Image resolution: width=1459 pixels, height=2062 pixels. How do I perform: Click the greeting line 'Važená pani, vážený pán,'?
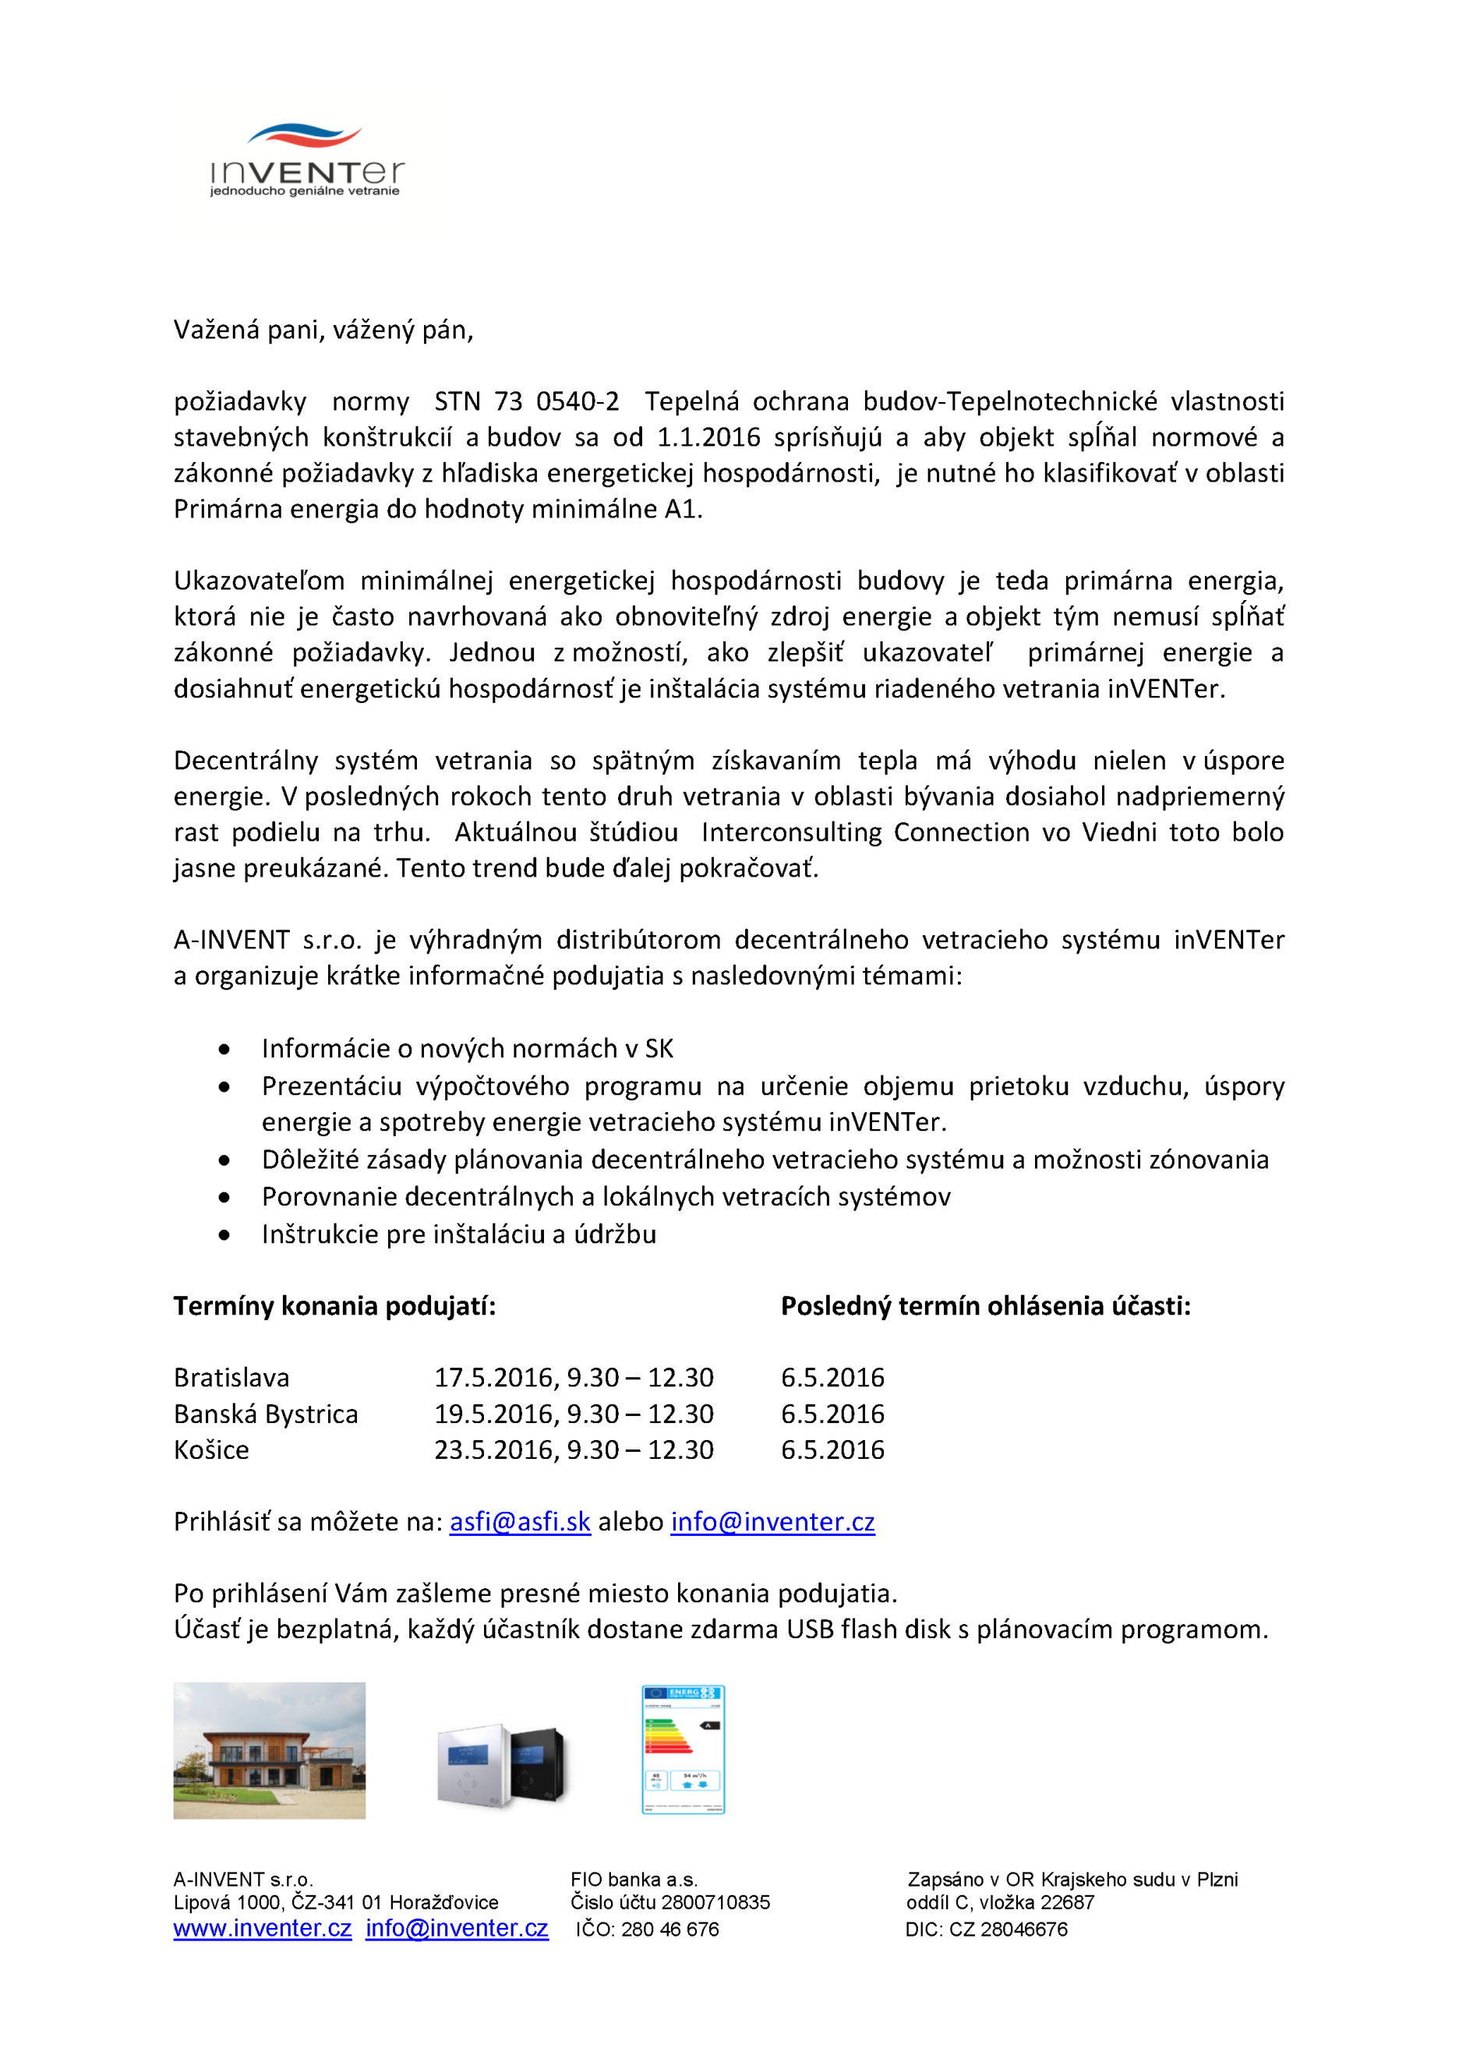323,330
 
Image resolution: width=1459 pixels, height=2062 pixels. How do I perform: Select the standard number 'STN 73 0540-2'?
526,401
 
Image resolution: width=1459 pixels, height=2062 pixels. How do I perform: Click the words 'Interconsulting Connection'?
865,832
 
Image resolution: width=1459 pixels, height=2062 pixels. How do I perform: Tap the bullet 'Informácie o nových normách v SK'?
467,1048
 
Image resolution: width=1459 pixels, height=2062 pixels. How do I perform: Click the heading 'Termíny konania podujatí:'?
334,1306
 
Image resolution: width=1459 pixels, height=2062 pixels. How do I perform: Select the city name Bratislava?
231,1378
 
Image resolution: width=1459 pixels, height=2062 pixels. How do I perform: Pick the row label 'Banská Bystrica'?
266,1414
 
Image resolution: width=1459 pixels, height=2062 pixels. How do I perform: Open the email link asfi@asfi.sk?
520,1522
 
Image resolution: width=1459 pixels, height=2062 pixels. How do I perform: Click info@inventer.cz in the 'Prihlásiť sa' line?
772,1522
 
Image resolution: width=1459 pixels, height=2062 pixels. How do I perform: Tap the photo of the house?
270,1750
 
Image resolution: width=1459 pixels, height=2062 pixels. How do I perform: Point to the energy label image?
683,1750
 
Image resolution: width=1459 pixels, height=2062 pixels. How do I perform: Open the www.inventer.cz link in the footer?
263,1928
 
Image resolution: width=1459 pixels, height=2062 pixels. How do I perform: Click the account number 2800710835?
715,1902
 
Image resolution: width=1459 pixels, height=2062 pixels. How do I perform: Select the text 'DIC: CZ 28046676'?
987,1929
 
